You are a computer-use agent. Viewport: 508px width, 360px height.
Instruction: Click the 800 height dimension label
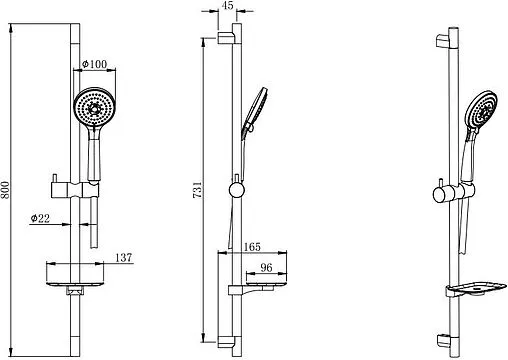pos(5,190)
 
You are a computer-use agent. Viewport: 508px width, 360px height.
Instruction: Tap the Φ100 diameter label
pos(95,64)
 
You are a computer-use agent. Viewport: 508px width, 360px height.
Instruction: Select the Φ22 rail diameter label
pos(40,218)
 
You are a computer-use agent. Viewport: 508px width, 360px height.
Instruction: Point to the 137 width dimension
pos(124,258)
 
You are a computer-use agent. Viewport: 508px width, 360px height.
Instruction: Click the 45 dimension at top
pos(227,6)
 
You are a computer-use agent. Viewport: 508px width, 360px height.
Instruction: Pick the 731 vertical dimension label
pos(197,190)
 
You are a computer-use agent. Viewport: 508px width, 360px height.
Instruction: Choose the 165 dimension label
pos(252,247)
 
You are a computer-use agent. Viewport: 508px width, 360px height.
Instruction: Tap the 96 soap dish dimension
pos(266,267)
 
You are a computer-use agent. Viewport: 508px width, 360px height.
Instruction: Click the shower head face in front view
pos(95,107)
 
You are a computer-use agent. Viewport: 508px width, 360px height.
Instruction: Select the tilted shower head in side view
pos(255,111)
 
